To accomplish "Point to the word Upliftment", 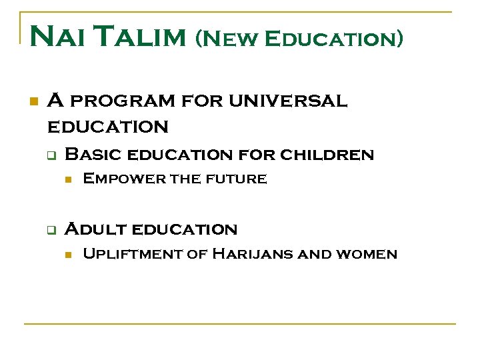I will pos(132,254).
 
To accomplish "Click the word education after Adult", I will pos(185,229).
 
